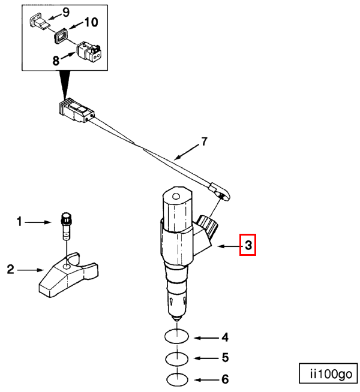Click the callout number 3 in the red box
pos(248,245)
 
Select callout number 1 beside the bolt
pos(19,222)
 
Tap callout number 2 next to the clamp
pos(11,270)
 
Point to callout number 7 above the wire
pos(205,141)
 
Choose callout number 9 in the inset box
pos(66,12)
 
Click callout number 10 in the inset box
pos(91,22)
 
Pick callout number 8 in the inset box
pos(56,61)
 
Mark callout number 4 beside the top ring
pos(225,337)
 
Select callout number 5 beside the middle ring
pos(225,358)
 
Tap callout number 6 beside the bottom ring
pos(225,379)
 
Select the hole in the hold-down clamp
pos(67,267)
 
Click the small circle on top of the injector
pos(176,196)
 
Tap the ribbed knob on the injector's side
pos(207,226)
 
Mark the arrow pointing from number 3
pos(229,246)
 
